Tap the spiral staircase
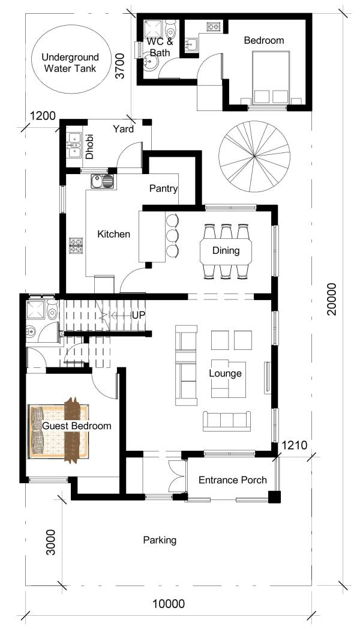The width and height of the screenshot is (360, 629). (254, 157)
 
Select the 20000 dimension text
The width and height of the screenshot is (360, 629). (332, 299)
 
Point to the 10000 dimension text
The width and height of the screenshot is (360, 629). (169, 603)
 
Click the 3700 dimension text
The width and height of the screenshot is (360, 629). (121, 66)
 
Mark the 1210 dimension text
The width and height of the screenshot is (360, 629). (294, 445)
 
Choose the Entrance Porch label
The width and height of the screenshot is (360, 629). (233, 480)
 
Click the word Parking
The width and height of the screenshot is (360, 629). (160, 540)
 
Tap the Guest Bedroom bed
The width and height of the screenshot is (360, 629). (59, 431)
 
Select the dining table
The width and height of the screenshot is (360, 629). (226, 251)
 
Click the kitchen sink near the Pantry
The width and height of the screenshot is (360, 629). (103, 181)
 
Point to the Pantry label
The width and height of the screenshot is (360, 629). (164, 188)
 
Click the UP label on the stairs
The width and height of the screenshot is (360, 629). (139, 315)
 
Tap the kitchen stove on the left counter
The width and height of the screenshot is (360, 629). (76, 245)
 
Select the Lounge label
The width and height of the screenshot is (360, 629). (226, 373)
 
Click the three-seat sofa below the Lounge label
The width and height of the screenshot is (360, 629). (227, 421)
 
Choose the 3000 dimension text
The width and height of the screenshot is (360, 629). (50, 543)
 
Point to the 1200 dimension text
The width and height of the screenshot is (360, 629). (43, 116)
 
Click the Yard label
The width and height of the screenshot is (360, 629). (123, 129)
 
